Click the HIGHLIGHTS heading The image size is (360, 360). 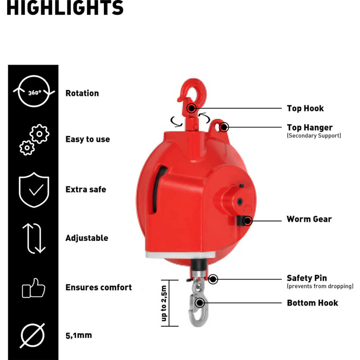65,8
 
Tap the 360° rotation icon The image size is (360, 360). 34,91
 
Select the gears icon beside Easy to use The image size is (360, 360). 35,139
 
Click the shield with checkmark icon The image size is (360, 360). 34,190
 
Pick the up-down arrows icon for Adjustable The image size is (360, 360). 34,238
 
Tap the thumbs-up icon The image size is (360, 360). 33,288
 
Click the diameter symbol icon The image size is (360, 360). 32,335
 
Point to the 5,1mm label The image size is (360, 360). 79,335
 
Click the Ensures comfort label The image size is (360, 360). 99,287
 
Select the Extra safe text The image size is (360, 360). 86,189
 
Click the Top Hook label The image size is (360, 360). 306,108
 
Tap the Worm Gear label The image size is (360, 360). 309,219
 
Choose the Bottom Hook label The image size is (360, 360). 312,303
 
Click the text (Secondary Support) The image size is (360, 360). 314,135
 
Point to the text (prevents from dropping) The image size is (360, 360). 320,286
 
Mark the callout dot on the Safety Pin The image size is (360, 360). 213,279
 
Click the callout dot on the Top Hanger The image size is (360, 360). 223,127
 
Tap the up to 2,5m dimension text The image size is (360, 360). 164,303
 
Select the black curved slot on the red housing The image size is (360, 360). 158,189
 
